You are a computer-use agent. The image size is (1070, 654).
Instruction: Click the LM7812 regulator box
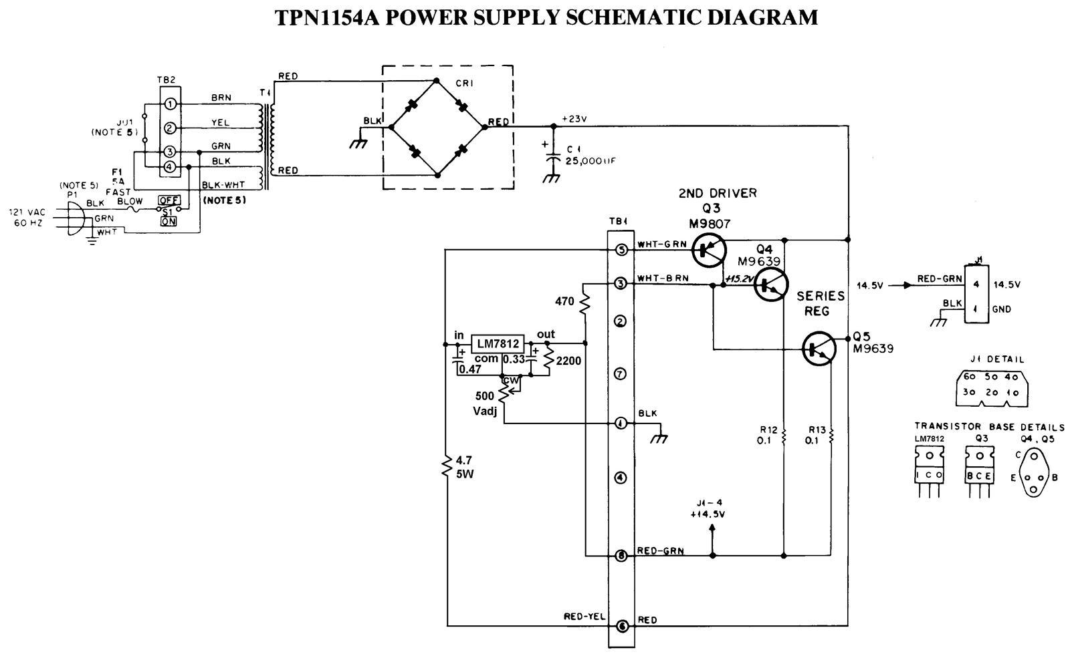point(497,344)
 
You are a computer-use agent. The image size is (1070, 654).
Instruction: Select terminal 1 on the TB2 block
point(170,104)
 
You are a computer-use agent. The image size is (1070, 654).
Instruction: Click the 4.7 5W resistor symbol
point(445,466)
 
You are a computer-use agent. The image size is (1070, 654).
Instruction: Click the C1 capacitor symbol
point(552,161)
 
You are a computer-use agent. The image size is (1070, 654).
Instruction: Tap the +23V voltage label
point(574,119)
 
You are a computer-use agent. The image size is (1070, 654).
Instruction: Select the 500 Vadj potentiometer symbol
point(504,392)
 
